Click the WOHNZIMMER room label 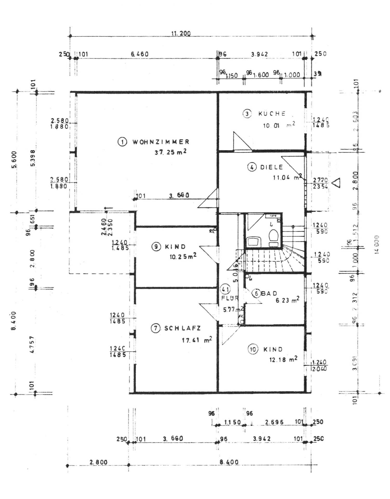pyautogui.click(x=161, y=142)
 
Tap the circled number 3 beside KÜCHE pyautogui.click(x=247, y=114)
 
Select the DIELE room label pyautogui.click(x=272, y=167)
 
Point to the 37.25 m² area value pyautogui.click(x=170, y=152)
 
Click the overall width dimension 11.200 pyautogui.click(x=181, y=34)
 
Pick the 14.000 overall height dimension pyautogui.click(x=377, y=244)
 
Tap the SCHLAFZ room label pyautogui.click(x=183, y=328)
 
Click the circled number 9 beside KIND pyautogui.click(x=156, y=246)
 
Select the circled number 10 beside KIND pyautogui.click(x=253, y=349)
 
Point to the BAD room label pyautogui.click(x=269, y=293)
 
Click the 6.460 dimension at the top pyautogui.click(x=140, y=54)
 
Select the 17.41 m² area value pyautogui.click(x=197, y=340)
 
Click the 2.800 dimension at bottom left pyautogui.click(x=98, y=462)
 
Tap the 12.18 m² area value pyautogui.click(x=283, y=360)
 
